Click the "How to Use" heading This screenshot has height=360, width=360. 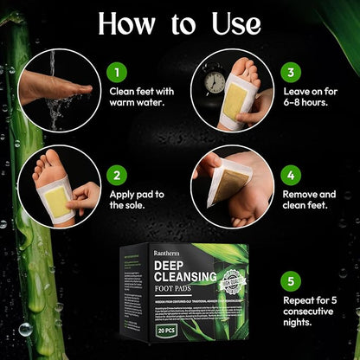[x=180, y=23]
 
